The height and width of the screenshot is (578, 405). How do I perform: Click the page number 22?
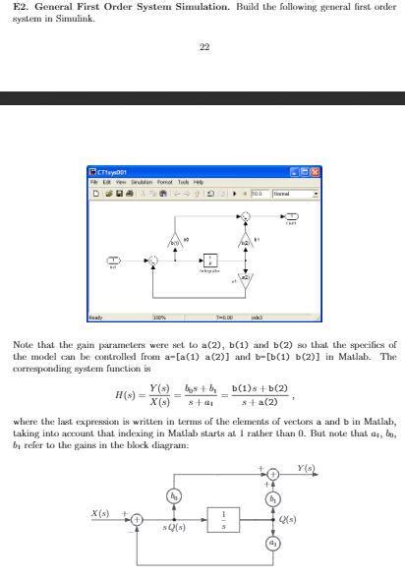[203, 47]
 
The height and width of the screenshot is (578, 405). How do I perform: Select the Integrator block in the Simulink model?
[208, 261]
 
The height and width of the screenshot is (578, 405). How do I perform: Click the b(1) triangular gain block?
[175, 240]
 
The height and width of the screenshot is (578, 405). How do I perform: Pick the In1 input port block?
[113, 261]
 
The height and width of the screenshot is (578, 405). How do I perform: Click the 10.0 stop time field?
[260, 194]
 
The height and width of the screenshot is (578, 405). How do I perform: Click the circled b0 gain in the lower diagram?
[174, 496]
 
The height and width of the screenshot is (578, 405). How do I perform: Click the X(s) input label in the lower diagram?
[100, 513]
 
